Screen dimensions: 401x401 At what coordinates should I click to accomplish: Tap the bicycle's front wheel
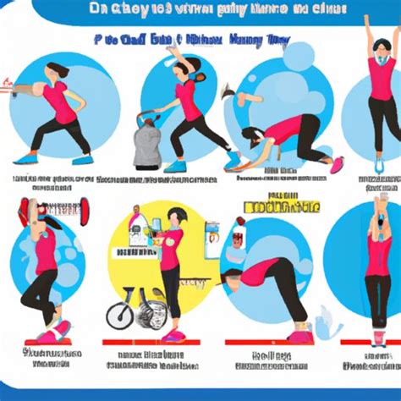(121, 315)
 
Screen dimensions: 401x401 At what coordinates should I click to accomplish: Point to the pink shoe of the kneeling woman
(338, 163)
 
